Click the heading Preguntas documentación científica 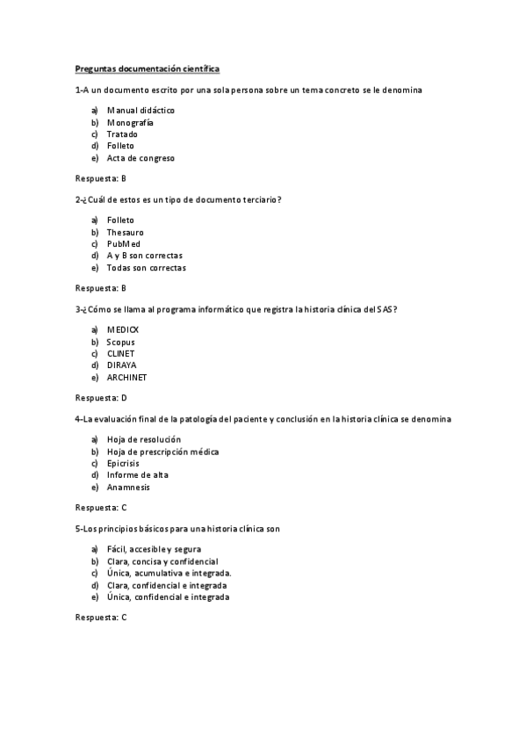tap(147, 68)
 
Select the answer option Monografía tap(129, 122)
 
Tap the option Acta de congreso tap(141, 158)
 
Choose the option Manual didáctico tap(141, 110)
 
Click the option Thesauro tap(125, 232)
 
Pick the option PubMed tap(123, 243)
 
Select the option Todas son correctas tap(146, 268)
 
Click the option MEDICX tap(123, 329)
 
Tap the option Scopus tap(121, 341)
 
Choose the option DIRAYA tap(122, 365)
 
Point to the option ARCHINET tap(126, 377)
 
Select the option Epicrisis tap(125, 463)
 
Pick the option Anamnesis tap(128, 487)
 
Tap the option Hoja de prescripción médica tap(162, 451)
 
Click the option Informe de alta tap(137, 474)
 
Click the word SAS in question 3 tap(386, 309)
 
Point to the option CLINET tap(121, 353)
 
